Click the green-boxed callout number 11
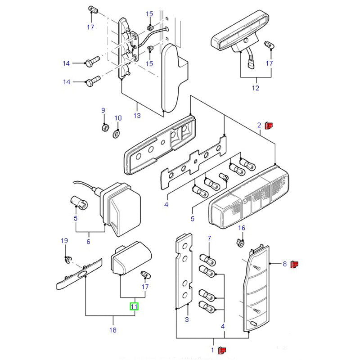pyautogui.click(x=135, y=307)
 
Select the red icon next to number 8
pyautogui.click(x=295, y=264)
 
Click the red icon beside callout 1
pyautogui.click(x=222, y=350)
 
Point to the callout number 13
pyautogui.click(x=137, y=116)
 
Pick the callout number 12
pyautogui.click(x=256, y=88)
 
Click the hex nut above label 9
pyautogui.click(x=103, y=127)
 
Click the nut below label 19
pyautogui.click(x=67, y=260)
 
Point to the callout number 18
pyautogui.click(x=112, y=330)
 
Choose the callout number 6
pyautogui.click(x=88, y=242)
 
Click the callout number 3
pyautogui.click(x=187, y=320)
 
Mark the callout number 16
pyautogui.click(x=242, y=228)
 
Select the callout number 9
pyautogui.click(x=103, y=110)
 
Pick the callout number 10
pyautogui.click(x=118, y=118)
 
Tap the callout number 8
pyautogui.click(x=284, y=264)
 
